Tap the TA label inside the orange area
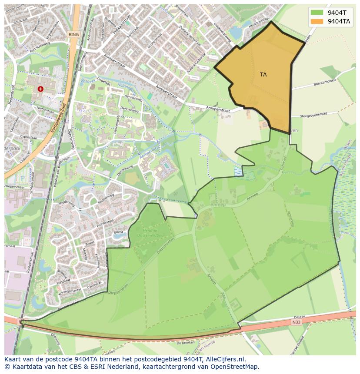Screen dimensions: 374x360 pos(263,75)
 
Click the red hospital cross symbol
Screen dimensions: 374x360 pos(40,89)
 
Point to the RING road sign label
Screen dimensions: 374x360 pos(73,34)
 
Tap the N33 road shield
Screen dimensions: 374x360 pos(296,322)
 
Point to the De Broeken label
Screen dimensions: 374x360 pos(186,343)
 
